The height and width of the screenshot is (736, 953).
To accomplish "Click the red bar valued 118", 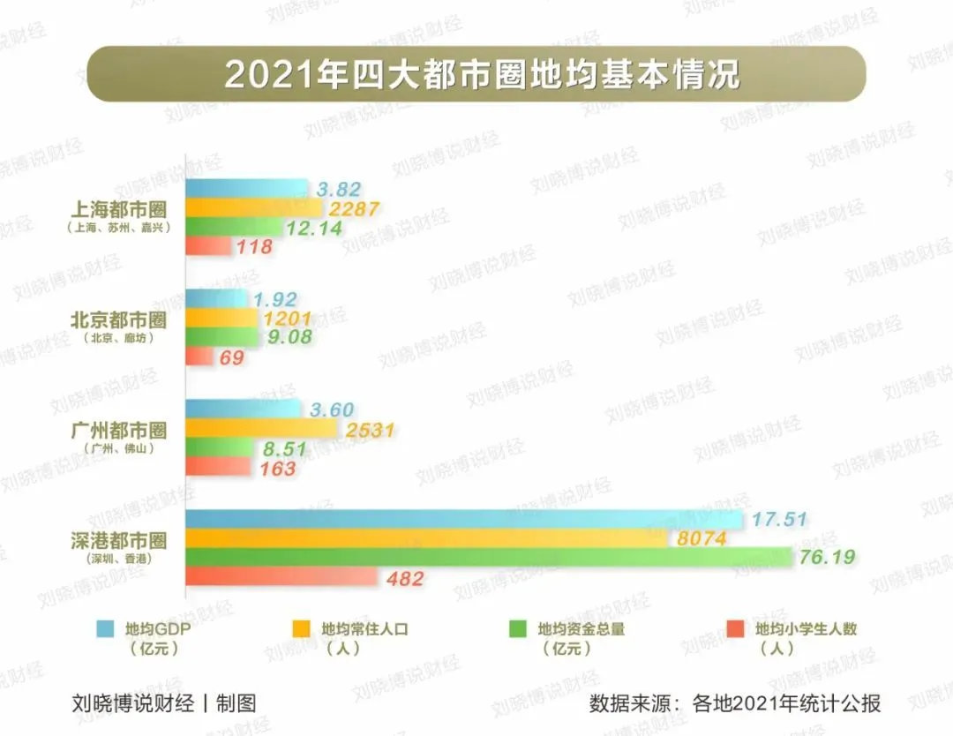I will click(207, 247).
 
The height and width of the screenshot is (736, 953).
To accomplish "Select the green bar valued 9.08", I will click(221, 337).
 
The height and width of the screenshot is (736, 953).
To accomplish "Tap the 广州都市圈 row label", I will click(118, 430).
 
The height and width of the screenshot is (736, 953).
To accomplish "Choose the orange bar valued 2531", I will click(261, 429).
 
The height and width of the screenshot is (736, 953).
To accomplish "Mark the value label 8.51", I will click(284, 449).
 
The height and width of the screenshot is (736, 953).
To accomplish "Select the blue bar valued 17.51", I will click(463, 520).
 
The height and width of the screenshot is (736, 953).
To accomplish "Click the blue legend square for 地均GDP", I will click(105, 629).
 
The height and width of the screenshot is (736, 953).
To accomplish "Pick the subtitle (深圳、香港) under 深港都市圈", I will click(118, 558).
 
